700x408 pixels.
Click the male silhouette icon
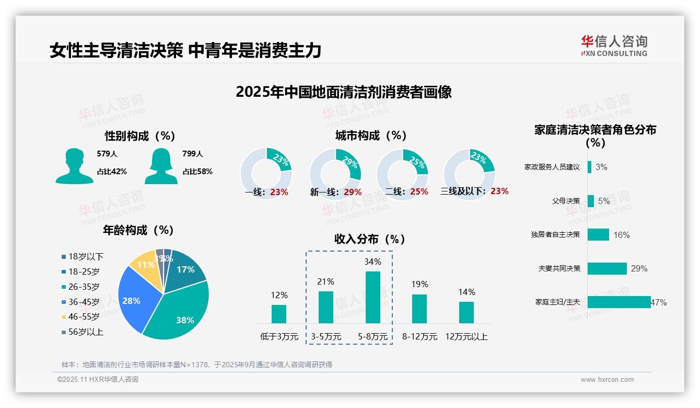click(74, 166)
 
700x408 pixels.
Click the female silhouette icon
click(161, 166)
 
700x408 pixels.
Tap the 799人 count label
click(193, 154)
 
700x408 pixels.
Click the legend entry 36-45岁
click(84, 302)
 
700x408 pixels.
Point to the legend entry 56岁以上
click(86, 332)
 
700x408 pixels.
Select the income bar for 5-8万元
click(373, 297)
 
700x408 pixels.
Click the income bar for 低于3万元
click(279, 314)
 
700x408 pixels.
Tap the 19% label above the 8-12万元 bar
click(419, 284)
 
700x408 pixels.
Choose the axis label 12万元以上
click(466, 337)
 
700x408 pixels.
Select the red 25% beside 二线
click(419, 192)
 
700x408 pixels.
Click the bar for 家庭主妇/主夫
click(619, 302)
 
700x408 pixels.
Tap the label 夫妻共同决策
click(559, 268)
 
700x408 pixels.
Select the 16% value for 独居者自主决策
click(621, 235)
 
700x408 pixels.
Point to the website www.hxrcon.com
click(606, 380)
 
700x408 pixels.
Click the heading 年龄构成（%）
click(138, 230)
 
